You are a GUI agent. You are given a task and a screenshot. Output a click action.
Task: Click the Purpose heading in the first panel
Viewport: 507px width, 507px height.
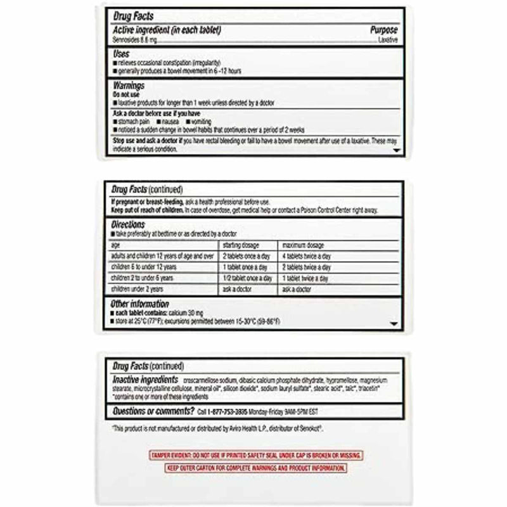[x=384, y=30]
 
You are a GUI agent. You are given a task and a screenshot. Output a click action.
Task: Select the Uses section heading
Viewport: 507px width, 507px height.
[x=121, y=55]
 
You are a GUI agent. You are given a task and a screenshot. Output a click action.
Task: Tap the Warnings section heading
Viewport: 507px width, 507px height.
[x=129, y=85]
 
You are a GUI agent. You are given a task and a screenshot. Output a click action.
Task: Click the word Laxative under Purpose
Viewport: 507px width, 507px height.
[x=387, y=39]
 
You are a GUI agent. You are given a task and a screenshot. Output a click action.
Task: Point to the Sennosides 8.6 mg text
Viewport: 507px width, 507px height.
[x=134, y=39]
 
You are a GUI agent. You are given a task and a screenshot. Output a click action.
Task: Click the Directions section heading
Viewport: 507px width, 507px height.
[x=128, y=224]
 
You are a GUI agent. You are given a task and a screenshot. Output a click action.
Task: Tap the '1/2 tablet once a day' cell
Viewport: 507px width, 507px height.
[x=247, y=278]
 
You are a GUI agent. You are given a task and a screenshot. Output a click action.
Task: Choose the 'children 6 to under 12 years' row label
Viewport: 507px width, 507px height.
[x=144, y=267]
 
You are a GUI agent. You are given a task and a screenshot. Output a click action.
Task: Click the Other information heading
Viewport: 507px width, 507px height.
[x=140, y=304]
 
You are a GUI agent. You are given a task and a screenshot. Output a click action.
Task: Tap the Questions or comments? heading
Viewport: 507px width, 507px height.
[x=153, y=411]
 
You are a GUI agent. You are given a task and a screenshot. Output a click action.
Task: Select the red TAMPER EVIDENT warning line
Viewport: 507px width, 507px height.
[x=256, y=455]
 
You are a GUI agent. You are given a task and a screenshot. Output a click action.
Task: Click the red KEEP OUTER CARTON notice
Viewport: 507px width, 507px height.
[x=256, y=468]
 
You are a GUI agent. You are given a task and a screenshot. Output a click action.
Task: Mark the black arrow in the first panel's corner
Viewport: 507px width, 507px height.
[x=397, y=151]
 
